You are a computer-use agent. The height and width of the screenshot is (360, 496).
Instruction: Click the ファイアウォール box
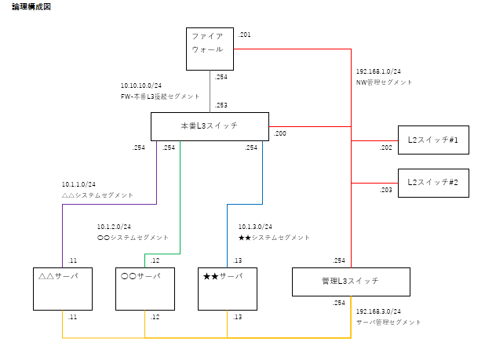(210, 49)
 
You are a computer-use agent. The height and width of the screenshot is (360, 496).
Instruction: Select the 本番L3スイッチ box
(210, 125)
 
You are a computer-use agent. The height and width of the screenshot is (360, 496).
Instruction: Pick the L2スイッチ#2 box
(433, 182)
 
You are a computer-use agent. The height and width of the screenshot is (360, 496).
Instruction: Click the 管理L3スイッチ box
(351, 282)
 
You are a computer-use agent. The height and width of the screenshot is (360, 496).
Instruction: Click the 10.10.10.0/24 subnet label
(141, 85)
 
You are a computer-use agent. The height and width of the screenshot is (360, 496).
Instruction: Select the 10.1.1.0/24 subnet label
(78, 184)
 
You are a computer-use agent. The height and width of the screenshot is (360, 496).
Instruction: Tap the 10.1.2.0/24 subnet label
(114, 227)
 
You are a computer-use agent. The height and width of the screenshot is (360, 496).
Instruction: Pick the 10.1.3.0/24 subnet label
(255, 227)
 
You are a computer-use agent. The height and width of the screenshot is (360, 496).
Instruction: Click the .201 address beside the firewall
(244, 35)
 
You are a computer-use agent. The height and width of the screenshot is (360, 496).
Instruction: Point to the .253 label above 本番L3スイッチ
(221, 105)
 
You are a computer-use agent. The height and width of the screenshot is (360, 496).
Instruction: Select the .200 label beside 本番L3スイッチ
(279, 133)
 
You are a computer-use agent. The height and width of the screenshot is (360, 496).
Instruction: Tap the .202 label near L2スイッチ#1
(385, 147)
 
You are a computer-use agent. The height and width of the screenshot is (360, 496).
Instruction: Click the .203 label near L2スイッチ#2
(385, 190)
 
